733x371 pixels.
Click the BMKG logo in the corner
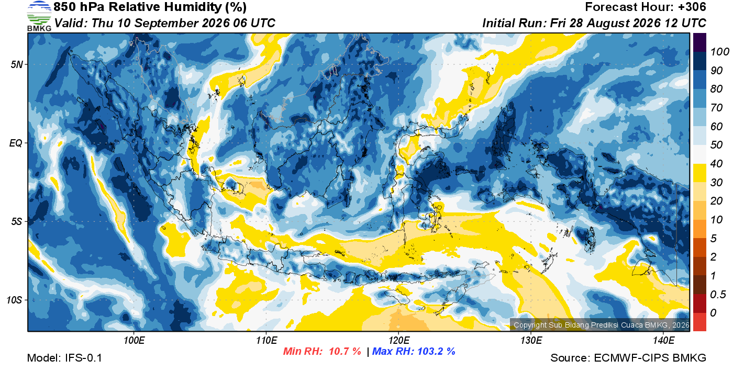(39, 16)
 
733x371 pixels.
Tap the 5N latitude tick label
(17, 64)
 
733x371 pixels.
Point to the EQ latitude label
(16, 143)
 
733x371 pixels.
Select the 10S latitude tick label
(15, 300)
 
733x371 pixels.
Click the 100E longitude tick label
(134, 341)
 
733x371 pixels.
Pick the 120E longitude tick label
(399, 341)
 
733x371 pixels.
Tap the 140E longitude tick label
(663, 341)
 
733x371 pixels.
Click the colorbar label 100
(719, 52)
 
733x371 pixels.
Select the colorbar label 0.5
(718, 295)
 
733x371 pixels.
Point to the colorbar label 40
(716, 164)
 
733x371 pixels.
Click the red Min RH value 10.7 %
(345, 351)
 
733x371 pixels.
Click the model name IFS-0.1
(83, 358)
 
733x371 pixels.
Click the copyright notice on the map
(602, 325)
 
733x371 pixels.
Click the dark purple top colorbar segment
(699, 42)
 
